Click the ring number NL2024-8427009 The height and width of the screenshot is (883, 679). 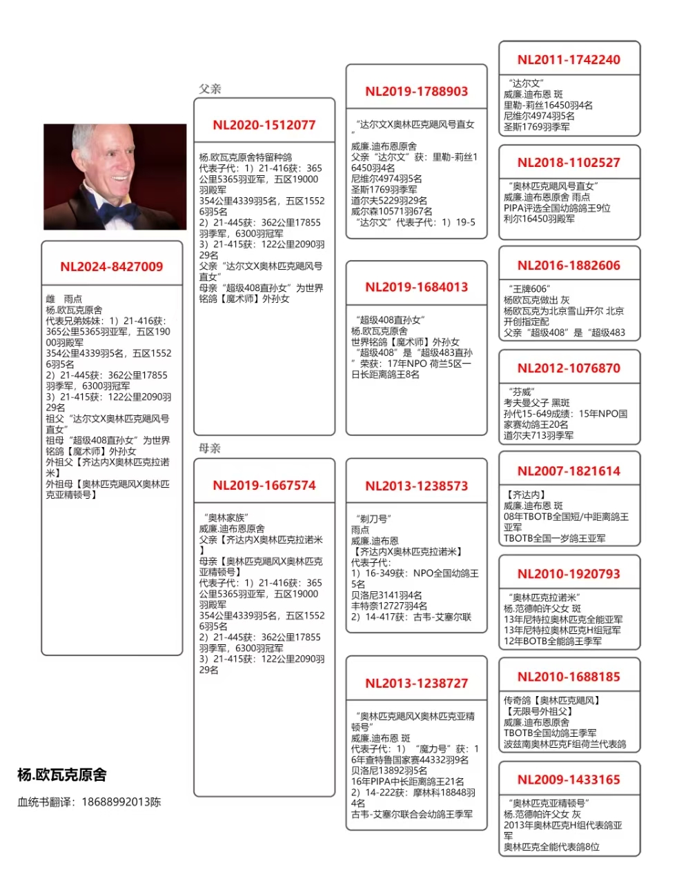click(112, 267)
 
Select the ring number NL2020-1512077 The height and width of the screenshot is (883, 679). click(264, 126)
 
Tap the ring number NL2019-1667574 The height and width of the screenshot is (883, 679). click(264, 486)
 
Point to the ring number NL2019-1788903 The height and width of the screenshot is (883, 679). click(417, 92)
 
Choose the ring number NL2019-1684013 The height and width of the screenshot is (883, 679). click(417, 287)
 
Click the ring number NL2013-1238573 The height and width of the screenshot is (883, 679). click(417, 486)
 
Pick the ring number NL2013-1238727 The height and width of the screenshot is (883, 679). click(417, 684)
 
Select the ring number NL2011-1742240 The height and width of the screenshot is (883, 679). click(569, 60)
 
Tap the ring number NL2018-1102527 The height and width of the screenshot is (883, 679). click(569, 163)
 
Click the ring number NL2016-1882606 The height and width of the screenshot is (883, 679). click(569, 266)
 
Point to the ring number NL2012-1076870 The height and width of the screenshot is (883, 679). click(569, 368)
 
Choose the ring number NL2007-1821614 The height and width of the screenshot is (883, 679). click(569, 471)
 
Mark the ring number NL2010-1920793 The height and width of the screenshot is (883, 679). click(569, 574)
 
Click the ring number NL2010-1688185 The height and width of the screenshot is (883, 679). click(569, 677)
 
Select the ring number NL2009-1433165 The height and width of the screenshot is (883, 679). click(569, 780)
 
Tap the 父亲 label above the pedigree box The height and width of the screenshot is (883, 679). click(210, 89)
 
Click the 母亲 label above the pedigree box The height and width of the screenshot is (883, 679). click(210, 448)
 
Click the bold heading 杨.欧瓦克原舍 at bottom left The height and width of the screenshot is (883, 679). click(62, 775)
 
